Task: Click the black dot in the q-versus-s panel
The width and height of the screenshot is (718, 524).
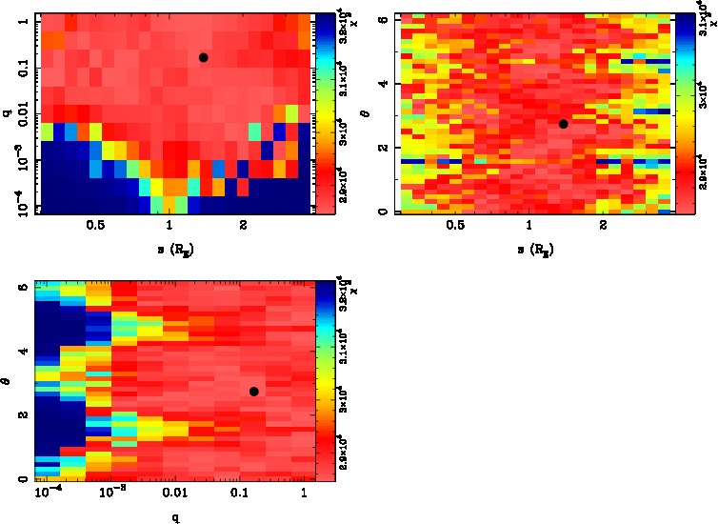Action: [203, 57]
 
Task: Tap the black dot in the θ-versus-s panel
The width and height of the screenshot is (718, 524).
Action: [563, 124]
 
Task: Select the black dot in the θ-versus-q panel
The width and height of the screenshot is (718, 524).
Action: [253, 392]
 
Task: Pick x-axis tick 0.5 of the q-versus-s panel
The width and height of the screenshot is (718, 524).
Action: [95, 225]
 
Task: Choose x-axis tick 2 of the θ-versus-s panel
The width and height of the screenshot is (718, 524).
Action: [604, 225]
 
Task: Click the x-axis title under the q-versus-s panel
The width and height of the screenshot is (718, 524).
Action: [169, 249]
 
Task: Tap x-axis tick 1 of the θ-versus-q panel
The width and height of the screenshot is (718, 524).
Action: [304, 492]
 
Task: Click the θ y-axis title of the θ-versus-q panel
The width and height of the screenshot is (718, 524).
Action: [8, 379]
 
